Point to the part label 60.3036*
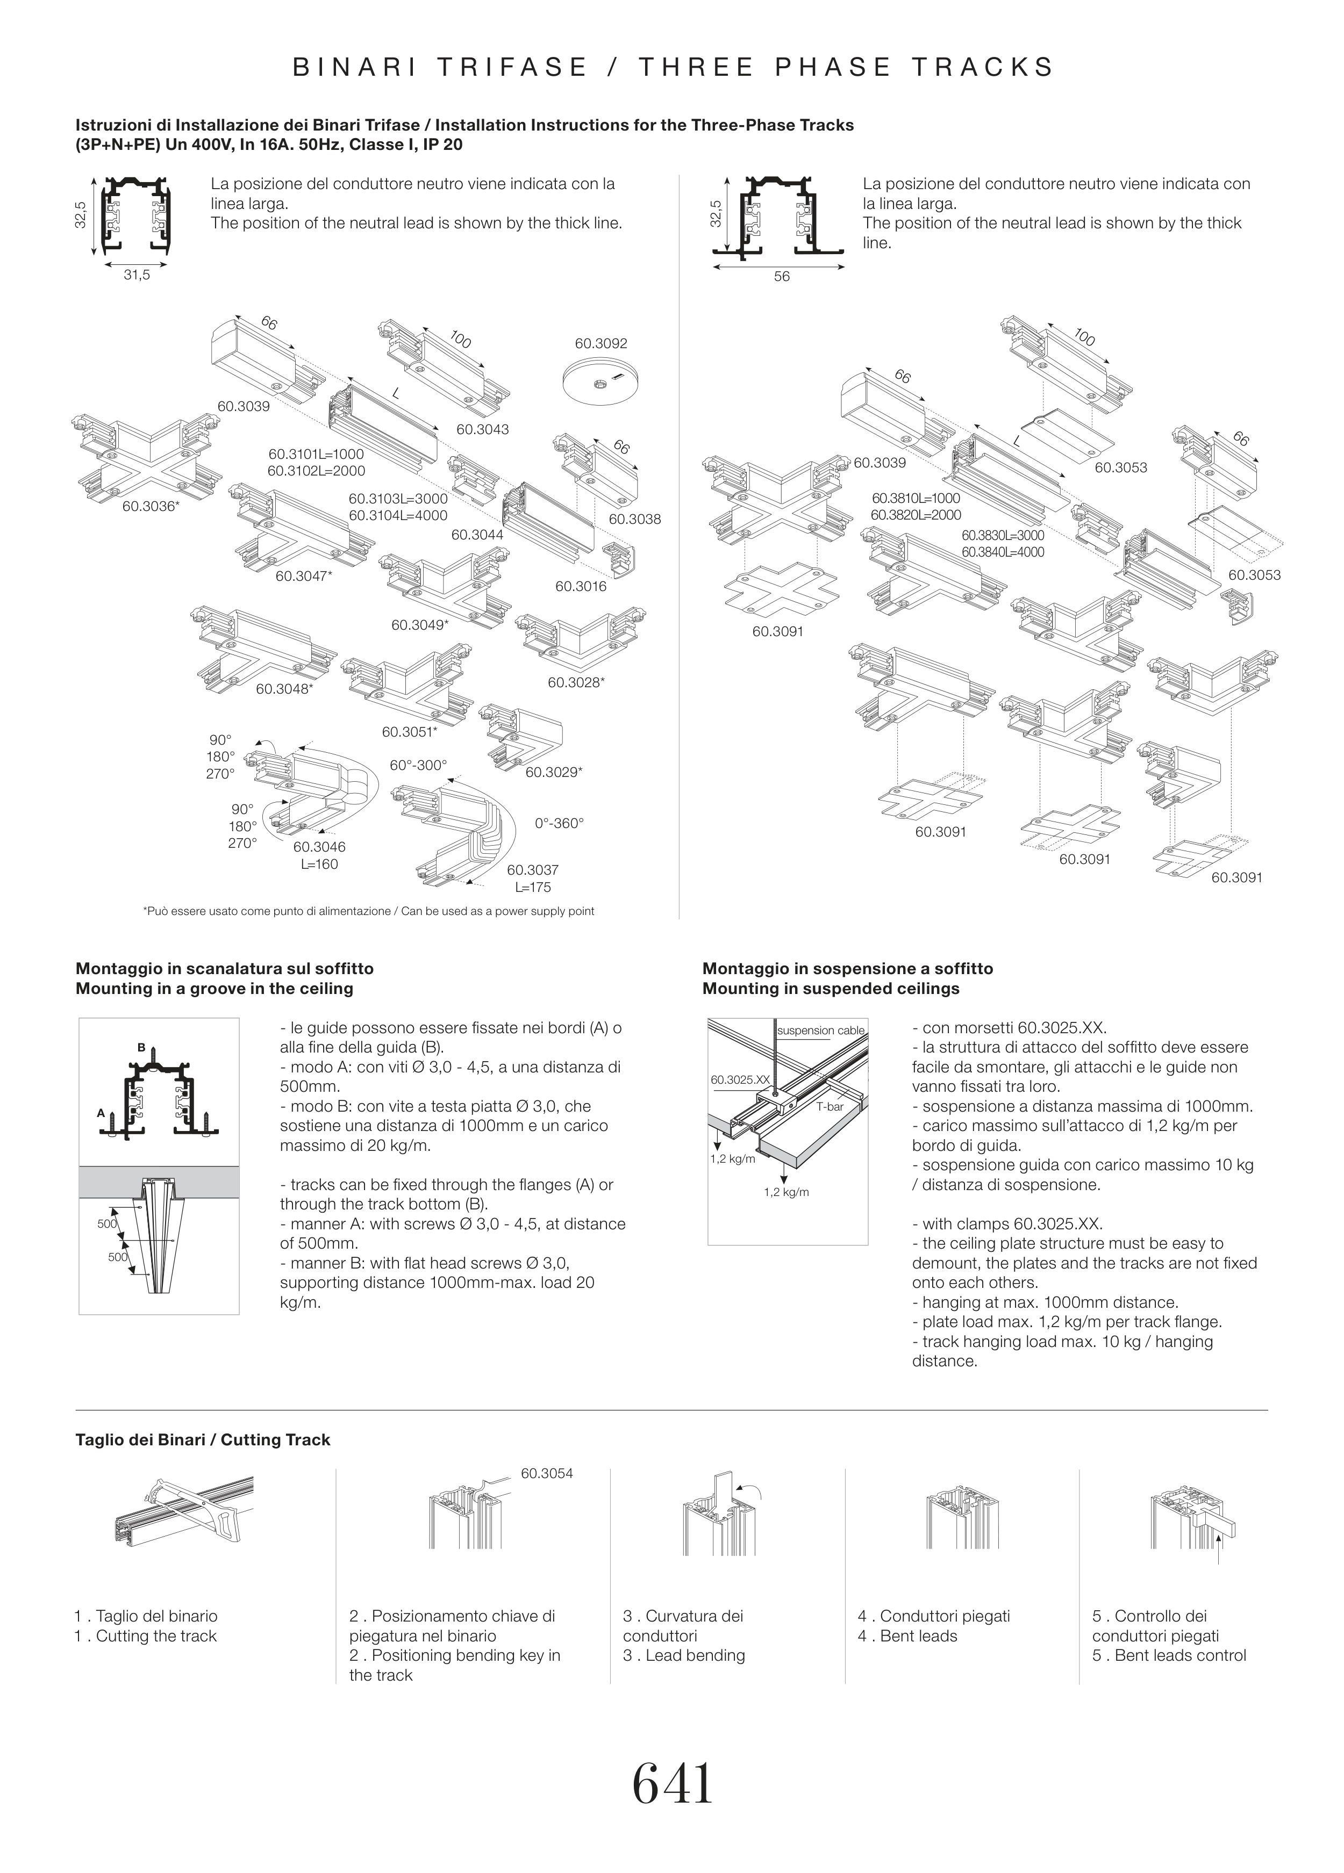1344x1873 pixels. click(x=151, y=506)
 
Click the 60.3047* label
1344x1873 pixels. click(x=304, y=575)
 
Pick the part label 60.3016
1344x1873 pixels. click(x=581, y=586)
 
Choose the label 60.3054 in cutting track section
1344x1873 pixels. click(x=547, y=1473)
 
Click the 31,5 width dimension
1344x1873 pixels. click(x=137, y=275)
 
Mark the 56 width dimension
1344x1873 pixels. click(x=782, y=277)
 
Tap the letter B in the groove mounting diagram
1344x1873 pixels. click(x=141, y=1047)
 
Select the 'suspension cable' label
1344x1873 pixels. click(x=821, y=1031)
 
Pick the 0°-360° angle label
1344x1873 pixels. click(x=559, y=823)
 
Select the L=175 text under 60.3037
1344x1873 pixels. click(x=533, y=887)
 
